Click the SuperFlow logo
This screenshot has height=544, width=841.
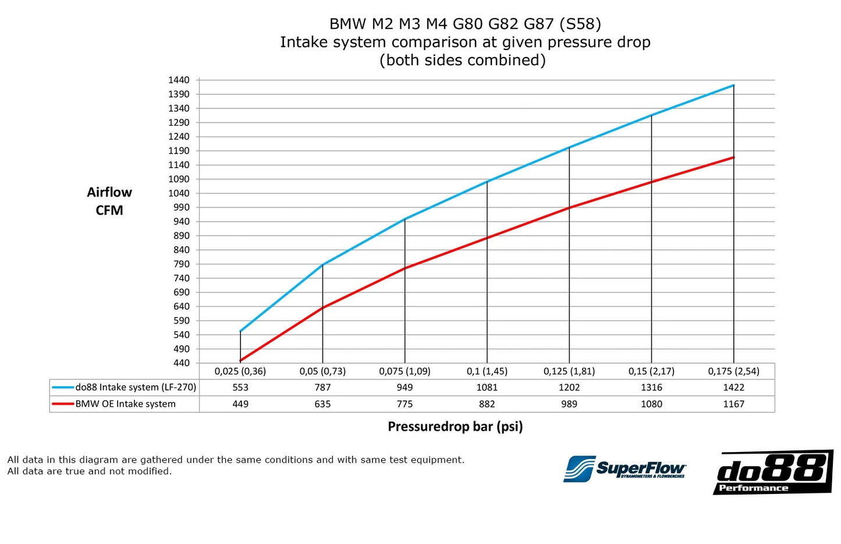pyautogui.click(x=624, y=469)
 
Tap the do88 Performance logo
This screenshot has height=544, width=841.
pyautogui.click(x=772, y=472)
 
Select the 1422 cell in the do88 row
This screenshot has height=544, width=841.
pyautogui.click(x=733, y=387)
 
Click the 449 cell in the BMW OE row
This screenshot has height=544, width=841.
pyautogui.click(x=240, y=404)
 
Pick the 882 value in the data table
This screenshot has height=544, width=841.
pyautogui.click(x=487, y=404)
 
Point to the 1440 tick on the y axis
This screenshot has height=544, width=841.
pyautogui.click(x=179, y=80)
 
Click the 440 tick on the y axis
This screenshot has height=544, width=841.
pyautogui.click(x=181, y=363)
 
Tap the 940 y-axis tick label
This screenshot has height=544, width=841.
pyautogui.click(x=181, y=222)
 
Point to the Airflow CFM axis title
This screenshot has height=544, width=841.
pyautogui.click(x=109, y=201)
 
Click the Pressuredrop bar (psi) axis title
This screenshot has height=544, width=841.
pyautogui.click(x=455, y=426)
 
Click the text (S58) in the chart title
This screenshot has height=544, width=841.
pyautogui.click(x=580, y=24)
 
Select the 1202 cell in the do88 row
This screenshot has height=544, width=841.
pyautogui.click(x=569, y=387)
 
